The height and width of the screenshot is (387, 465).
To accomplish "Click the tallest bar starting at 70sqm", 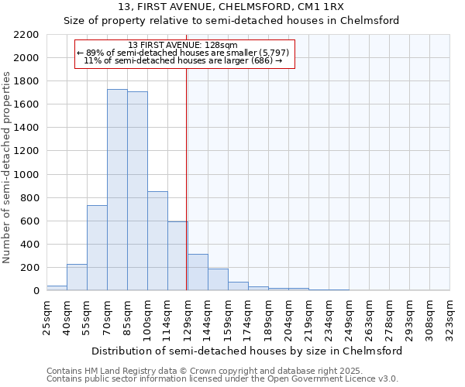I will click(117, 190).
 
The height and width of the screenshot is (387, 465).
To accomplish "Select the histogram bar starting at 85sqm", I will click(137, 190).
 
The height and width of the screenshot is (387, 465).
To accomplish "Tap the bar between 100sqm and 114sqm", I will click(157, 241).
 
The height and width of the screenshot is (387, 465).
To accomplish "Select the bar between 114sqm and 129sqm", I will click(177, 255).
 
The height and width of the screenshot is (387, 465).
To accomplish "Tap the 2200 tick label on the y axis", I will click(26, 35).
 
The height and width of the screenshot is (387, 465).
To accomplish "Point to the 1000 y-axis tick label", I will click(26, 175).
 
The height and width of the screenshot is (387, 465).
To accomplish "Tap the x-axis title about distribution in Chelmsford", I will click(246, 351).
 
